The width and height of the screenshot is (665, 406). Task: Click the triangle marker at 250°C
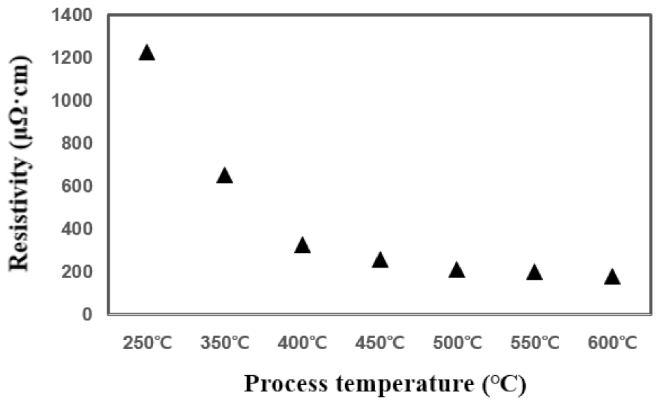click(x=147, y=53)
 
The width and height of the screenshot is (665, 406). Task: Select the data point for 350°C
click(x=225, y=176)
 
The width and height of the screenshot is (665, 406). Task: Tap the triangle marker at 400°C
click(x=303, y=245)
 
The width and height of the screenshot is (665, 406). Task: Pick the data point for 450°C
click(x=380, y=260)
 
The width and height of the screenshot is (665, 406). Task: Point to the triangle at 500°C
click(x=457, y=270)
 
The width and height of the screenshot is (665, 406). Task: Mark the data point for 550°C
click(x=534, y=272)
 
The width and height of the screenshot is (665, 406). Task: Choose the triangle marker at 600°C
click(x=612, y=277)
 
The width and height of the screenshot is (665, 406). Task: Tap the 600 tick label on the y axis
click(x=81, y=185)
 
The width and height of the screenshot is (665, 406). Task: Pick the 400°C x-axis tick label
click(x=303, y=343)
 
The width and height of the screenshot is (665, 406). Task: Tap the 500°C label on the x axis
click(x=457, y=343)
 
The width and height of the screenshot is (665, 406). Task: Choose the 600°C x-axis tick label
click(x=612, y=343)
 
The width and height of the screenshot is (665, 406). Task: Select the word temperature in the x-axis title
click(x=407, y=384)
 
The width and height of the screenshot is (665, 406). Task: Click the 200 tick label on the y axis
click(x=81, y=271)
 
